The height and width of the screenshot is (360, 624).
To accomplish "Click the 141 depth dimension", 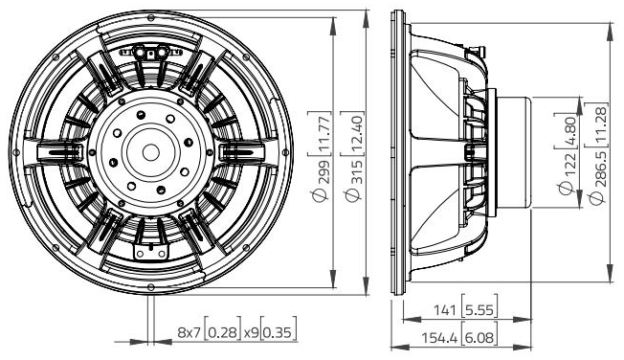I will [x=443, y=309].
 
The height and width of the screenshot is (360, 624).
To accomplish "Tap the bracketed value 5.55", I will [x=476, y=309].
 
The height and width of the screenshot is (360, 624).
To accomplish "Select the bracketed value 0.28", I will [x=223, y=333].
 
